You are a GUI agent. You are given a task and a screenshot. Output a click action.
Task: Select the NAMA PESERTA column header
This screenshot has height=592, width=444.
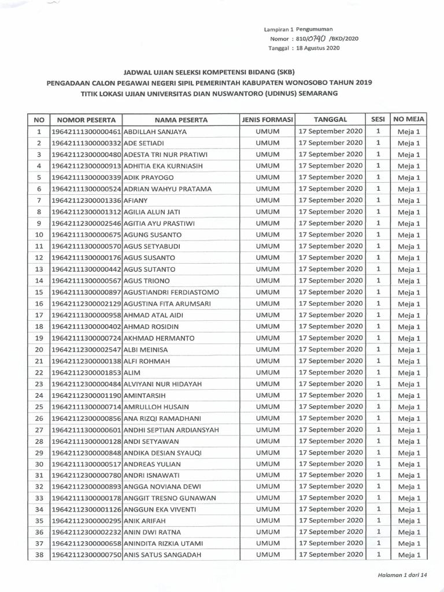181,120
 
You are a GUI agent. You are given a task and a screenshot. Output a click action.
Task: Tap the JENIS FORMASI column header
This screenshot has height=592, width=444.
267,120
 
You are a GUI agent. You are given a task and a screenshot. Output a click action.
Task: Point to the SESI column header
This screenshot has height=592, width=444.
378,120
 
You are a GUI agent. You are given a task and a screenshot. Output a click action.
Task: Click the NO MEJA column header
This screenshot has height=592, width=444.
409,120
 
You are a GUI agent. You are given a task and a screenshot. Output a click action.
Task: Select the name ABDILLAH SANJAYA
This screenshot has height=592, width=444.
156,132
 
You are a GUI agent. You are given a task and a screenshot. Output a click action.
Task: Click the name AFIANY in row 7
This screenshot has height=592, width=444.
135,201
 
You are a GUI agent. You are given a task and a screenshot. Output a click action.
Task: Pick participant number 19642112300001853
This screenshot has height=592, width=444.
87,372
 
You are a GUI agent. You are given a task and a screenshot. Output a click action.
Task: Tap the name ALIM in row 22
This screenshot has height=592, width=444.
132,372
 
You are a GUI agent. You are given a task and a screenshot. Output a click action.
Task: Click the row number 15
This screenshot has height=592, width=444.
39,292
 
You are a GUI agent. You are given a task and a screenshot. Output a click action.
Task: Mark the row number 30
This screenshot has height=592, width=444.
39,464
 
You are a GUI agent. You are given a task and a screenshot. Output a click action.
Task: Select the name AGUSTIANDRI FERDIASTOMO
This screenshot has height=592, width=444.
172,292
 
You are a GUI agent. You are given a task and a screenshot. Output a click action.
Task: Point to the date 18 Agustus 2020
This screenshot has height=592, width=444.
316,49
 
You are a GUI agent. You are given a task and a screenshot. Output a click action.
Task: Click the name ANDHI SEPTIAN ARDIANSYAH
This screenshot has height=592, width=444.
171,430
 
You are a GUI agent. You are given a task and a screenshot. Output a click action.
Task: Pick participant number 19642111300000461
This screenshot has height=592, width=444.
87,132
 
